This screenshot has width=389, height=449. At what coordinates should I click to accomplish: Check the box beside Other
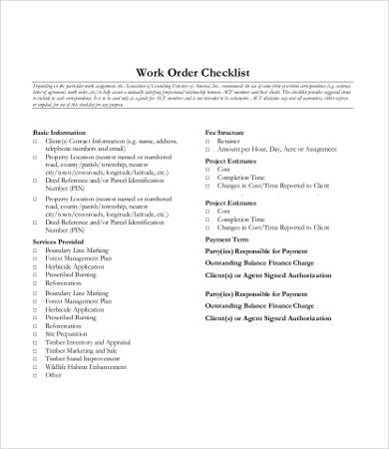tap(37, 376)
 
